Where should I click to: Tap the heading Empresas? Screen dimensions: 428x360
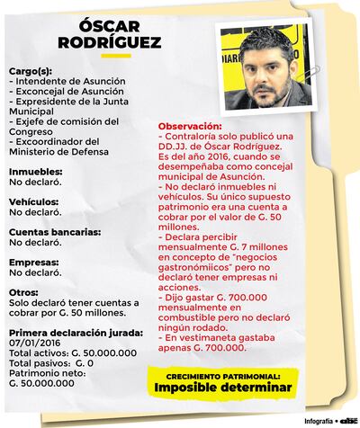pos(34,262)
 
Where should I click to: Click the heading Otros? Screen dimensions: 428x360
pos(24,293)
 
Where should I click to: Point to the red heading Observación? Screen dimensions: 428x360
pos(190,124)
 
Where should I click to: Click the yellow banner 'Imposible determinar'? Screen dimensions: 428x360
pos(223,388)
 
